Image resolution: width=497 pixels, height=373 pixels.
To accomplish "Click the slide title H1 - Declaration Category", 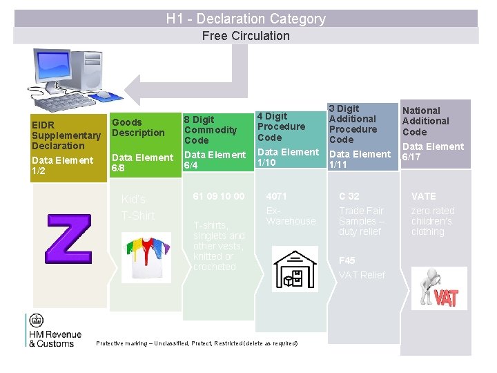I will [x=246, y=19].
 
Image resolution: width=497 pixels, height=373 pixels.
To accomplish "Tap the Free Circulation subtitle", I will [x=246, y=36].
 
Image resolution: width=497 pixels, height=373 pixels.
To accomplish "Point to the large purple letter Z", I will [x=68, y=239].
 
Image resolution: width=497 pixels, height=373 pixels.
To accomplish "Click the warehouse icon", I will [x=295, y=269].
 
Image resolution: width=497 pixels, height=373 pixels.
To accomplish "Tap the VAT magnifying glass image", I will [x=439, y=288].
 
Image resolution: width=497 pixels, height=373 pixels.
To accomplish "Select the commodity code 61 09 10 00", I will [x=219, y=197].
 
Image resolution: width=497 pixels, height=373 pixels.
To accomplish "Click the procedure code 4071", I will [x=277, y=197].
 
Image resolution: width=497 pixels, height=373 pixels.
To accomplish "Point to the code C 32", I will [x=349, y=197].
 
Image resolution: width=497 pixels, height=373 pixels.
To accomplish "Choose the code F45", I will [x=347, y=260].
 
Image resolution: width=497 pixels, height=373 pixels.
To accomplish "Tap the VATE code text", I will [x=424, y=197].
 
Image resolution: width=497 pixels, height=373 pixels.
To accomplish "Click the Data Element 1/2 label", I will [x=62, y=166].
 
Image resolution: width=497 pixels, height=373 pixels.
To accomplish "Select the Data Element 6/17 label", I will [x=433, y=152].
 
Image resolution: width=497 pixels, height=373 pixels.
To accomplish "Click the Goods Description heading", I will [x=138, y=127].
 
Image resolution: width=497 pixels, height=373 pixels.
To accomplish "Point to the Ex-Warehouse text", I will [x=291, y=216].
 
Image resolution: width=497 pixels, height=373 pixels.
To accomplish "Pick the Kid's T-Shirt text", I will [x=138, y=207].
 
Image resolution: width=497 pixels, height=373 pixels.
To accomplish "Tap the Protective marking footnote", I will [x=197, y=343].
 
